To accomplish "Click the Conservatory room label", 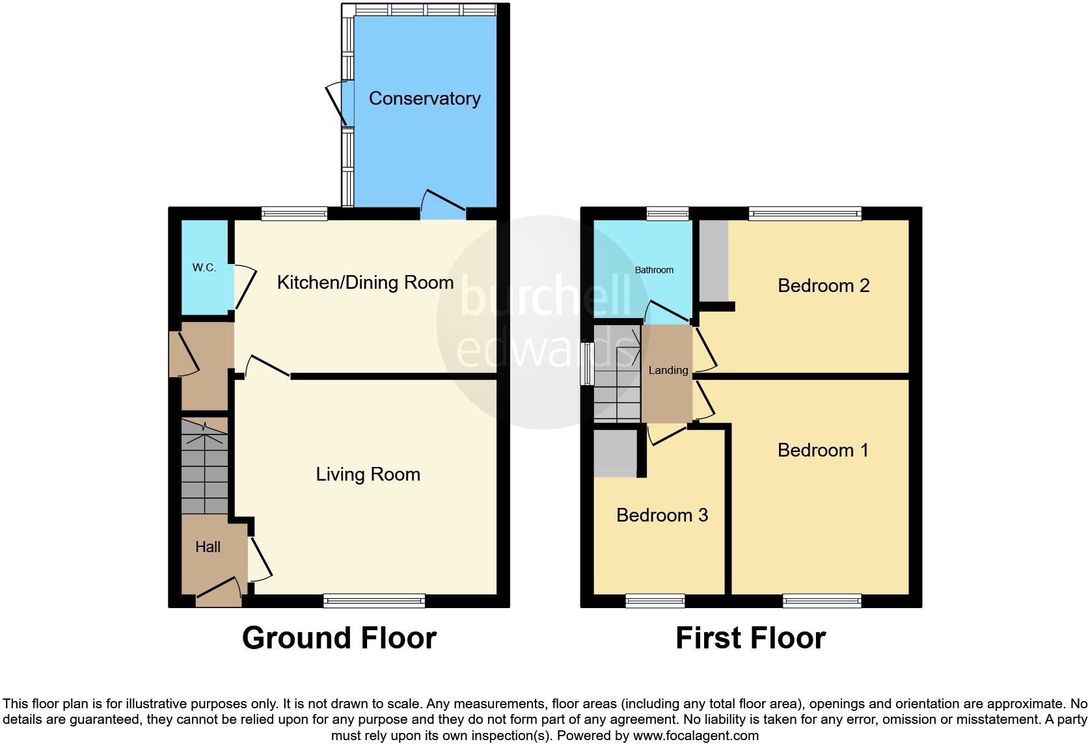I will pyautogui.click(x=424, y=98).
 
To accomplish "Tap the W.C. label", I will pyautogui.click(x=204, y=267).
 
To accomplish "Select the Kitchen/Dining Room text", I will pyautogui.click(x=365, y=282).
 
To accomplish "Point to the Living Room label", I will pyautogui.click(x=368, y=474).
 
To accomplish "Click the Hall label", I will pyautogui.click(x=208, y=547).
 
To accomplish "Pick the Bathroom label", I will pyautogui.click(x=654, y=270).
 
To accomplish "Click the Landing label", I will pyautogui.click(x=668, y=370).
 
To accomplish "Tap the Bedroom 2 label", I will pyautogui.click(x=823, y=286).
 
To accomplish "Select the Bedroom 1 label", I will pyautogui.click(x=823, y=450).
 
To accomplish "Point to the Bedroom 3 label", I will pyautogui.click(x=662, y=515).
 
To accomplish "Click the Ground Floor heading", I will pyautogui.click(x=339, y=638).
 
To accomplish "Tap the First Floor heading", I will pyautogui.click(x=750, y=638).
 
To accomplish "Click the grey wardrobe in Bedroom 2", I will pyautogui.click(x=714, y=260).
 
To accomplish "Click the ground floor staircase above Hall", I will pyautogui.click(x=204, y=467).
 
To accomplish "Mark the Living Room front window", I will pyautogui.click(x=374, y=601).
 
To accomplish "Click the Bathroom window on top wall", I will pyautogui.click(x=668, y=213).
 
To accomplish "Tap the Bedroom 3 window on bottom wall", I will pyautogui.click(x=655, y=601).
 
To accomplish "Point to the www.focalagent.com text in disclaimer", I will pyautogui.click(x=696, y=736).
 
